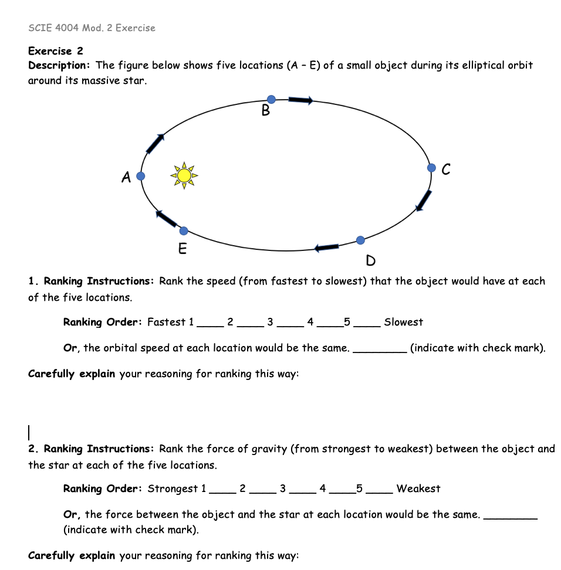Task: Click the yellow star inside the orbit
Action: tap(184, 175)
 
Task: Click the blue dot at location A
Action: tap(140, 176)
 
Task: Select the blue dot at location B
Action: tap(271, 100)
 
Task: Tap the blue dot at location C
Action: tap(431, 168)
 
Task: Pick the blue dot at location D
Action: tap(360, 240)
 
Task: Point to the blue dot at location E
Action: tap(184, 230)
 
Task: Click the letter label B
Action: tap(266, 111)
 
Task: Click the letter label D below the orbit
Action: tap(370, 260)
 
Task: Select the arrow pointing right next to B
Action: tap(300, 101)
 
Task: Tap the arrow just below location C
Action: tap(424, 200)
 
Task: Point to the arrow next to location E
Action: tap(167, 218)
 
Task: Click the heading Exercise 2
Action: tap(56, 51)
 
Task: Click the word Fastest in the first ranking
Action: tap(166, 322)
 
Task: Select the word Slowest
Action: tap(403, 322)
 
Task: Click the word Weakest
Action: tap(418, 488)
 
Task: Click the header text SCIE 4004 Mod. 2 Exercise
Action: tap(92, 28)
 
